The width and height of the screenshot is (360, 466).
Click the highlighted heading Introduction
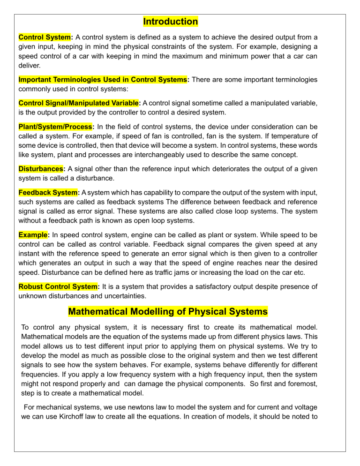click(x=170, y=22)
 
